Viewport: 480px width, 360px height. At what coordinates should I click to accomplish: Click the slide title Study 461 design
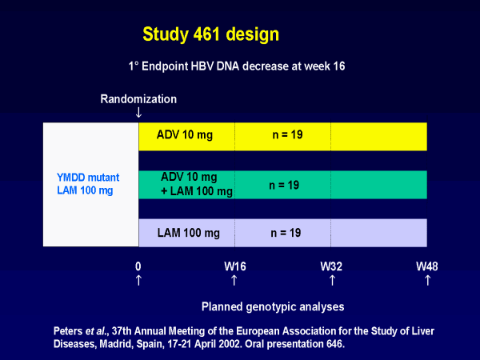pos(210,34)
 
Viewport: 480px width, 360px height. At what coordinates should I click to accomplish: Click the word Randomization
pos(138,99)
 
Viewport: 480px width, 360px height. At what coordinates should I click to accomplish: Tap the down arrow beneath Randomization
pos(138,114)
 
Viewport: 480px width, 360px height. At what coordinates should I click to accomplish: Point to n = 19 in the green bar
pos(283,185)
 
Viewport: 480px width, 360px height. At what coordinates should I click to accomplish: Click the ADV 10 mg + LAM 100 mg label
pos(196,184)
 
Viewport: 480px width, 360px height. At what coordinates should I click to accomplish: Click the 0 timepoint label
pos(138,266)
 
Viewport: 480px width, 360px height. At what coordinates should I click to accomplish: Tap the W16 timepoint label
pos(234,266)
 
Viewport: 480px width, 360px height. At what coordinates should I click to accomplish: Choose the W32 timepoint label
pos(331,266)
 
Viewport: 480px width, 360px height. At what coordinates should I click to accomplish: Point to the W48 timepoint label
pos(426,266)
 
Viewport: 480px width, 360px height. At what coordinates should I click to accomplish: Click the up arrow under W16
pos(234,280)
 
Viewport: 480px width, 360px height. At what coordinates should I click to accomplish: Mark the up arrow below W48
pos(427,280)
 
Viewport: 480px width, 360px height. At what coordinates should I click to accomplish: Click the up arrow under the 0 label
pos(138,280)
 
